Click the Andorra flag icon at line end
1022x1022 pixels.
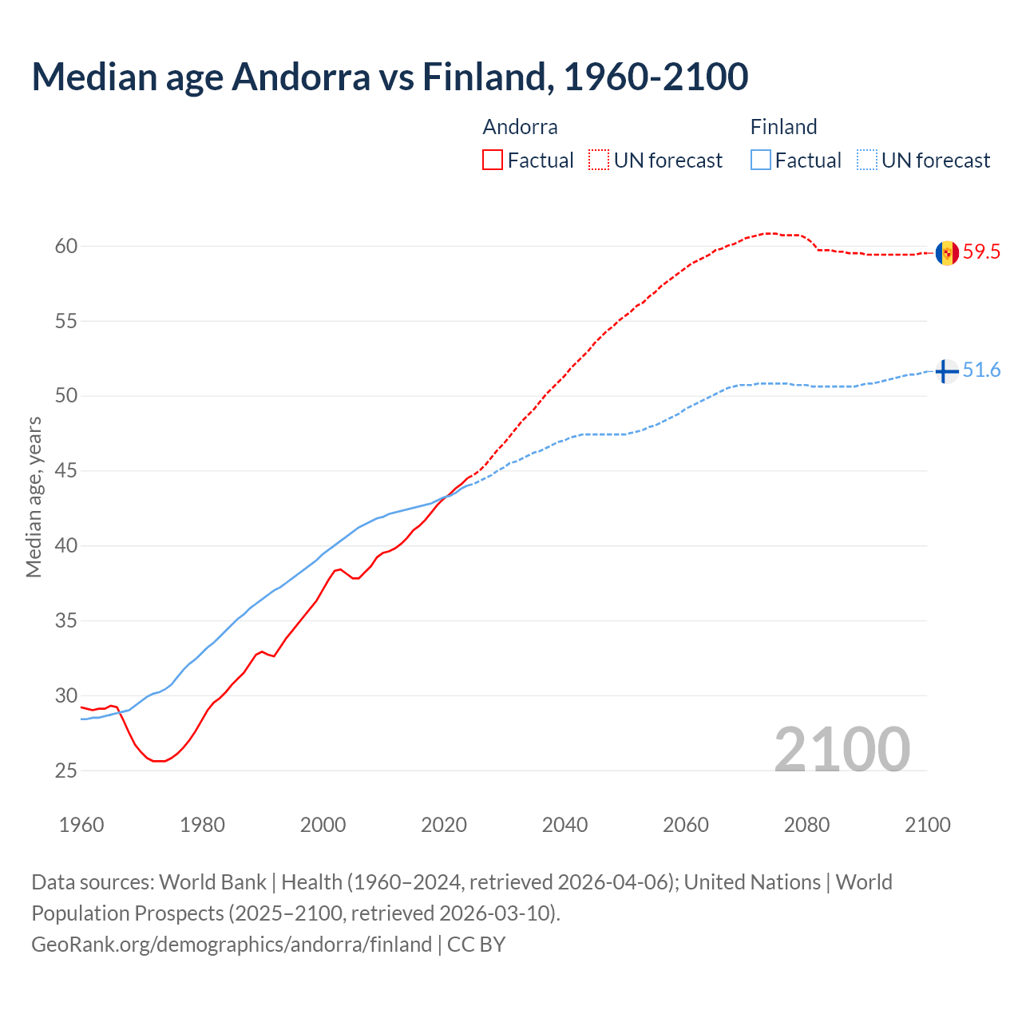(x=947, y=253)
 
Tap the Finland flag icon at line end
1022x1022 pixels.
(x=947, y=371)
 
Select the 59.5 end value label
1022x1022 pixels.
(x=981, y=252)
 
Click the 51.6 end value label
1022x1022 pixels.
(x=981, y=370)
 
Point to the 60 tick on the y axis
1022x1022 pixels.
(x=66, y=246)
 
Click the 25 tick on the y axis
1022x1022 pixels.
(x=66, y=770)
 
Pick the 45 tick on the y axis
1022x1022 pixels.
(x=66, y=471)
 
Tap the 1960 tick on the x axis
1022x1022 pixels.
(x=81, y=825)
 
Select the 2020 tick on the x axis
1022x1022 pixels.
(x=444, y=825)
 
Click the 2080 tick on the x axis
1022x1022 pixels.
(x=806, y=825)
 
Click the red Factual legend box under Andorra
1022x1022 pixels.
(x=493, y=160)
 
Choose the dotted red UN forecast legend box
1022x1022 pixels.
(x=599, y=160)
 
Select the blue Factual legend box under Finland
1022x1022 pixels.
(x=761, y=160)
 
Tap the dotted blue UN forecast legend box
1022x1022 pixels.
(x=867, y=160)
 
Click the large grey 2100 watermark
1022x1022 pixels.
(x=842, y=749)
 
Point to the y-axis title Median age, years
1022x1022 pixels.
(x=34, y=497)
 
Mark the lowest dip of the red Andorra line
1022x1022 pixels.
(x=159, y=761)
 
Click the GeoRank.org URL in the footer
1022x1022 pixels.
(x=232, y=945)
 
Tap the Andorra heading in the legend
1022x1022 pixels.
(x=520, y=127)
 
